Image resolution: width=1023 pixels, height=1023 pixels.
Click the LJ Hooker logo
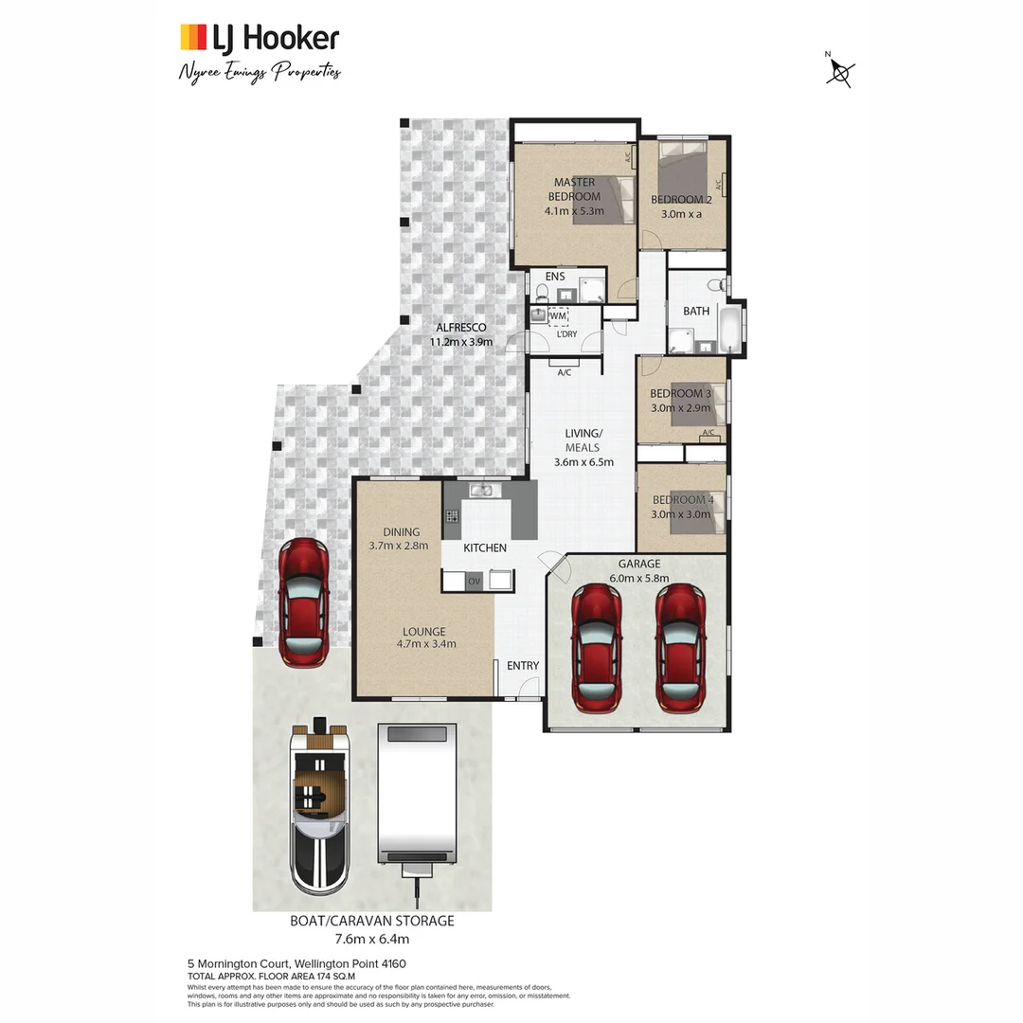(x=259, y=38)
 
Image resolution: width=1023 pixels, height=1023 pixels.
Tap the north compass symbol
(x=839, y=72)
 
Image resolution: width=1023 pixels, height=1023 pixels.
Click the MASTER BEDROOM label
(x=575, y=188)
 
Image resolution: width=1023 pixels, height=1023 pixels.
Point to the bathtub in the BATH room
(x=730, y=328)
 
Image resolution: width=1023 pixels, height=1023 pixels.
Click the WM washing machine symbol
(x=559, y=315)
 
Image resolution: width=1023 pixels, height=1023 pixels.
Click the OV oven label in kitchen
(x=475, y=580)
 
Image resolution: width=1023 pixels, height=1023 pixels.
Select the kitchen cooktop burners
(x=453, y=517)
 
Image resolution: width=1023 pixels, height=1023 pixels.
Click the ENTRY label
(x=523, y=666)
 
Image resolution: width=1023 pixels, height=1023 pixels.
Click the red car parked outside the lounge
(x=304, y=604)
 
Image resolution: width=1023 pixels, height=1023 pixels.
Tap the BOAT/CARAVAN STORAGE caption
(x=371, y=921)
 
